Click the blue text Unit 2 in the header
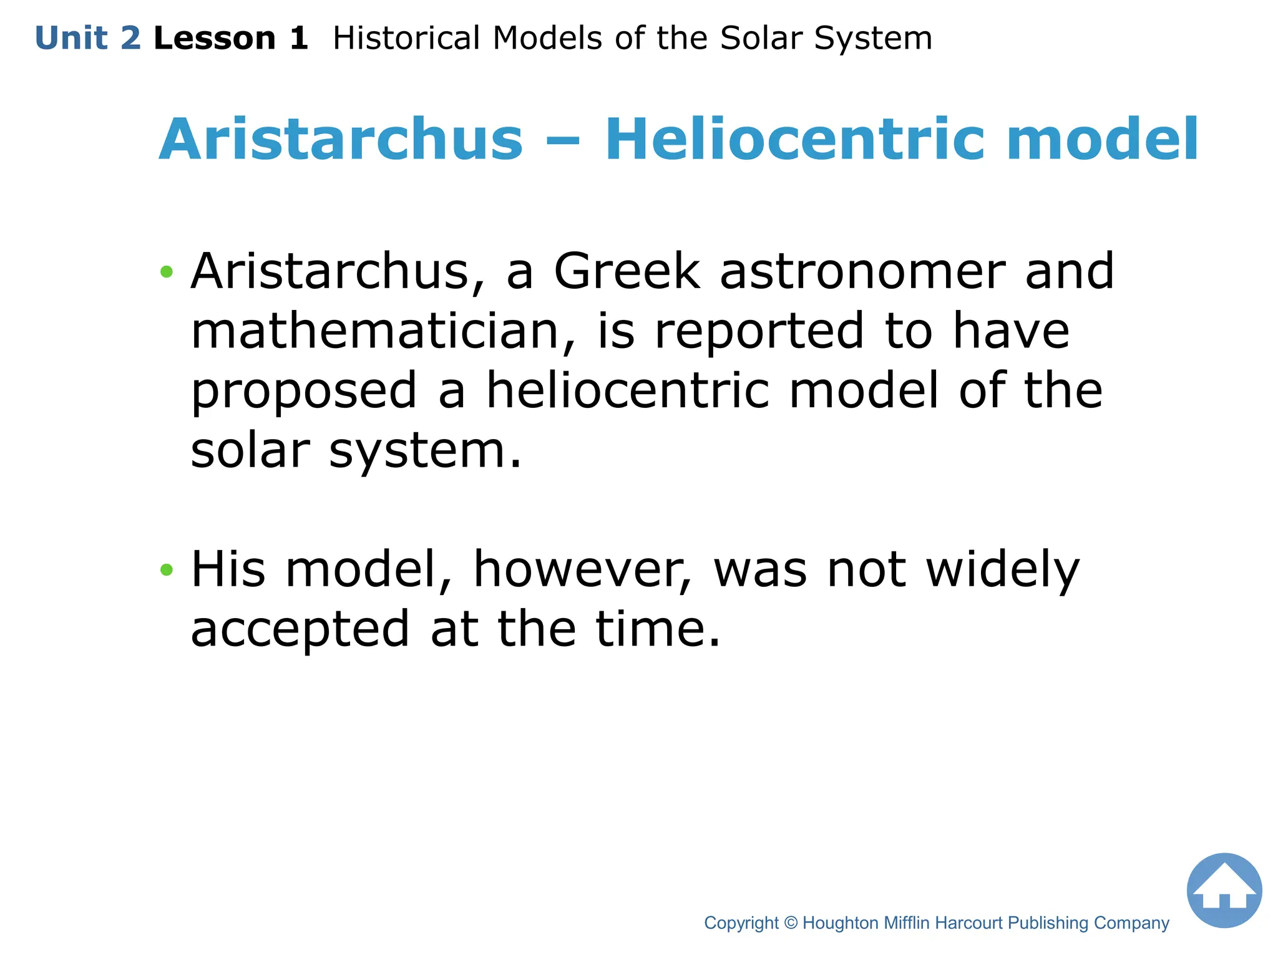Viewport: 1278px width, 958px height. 88,38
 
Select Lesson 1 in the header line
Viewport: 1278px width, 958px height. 231,38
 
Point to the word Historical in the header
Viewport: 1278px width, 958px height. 406,38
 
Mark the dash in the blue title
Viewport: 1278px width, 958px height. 563,141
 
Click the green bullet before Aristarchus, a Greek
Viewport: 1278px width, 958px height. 166,271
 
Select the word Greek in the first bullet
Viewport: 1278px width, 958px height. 627,271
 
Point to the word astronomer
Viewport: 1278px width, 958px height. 862,273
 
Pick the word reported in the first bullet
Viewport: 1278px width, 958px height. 759,332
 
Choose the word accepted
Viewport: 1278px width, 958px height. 300,630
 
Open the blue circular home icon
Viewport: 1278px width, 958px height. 1224,890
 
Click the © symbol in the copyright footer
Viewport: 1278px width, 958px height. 790,923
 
